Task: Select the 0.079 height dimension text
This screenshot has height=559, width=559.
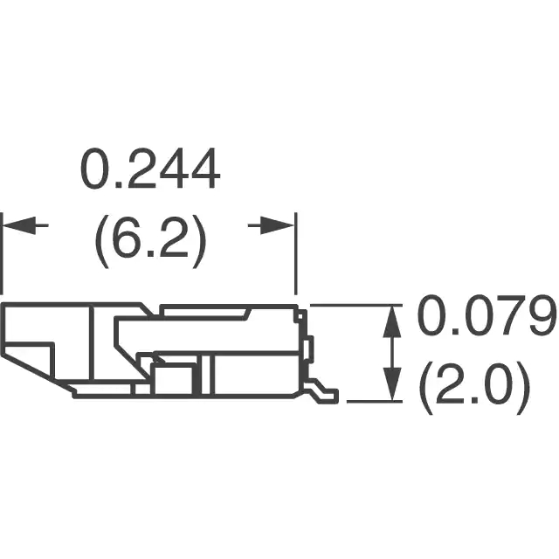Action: (x=486, y=318)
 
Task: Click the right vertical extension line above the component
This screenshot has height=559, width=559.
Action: (x=296, y=253)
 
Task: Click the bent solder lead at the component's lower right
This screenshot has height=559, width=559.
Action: (x=325, y=394)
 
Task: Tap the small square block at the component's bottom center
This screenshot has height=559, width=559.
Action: (x=173, y=380)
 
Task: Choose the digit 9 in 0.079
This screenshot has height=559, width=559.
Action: (x=538, y=318)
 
